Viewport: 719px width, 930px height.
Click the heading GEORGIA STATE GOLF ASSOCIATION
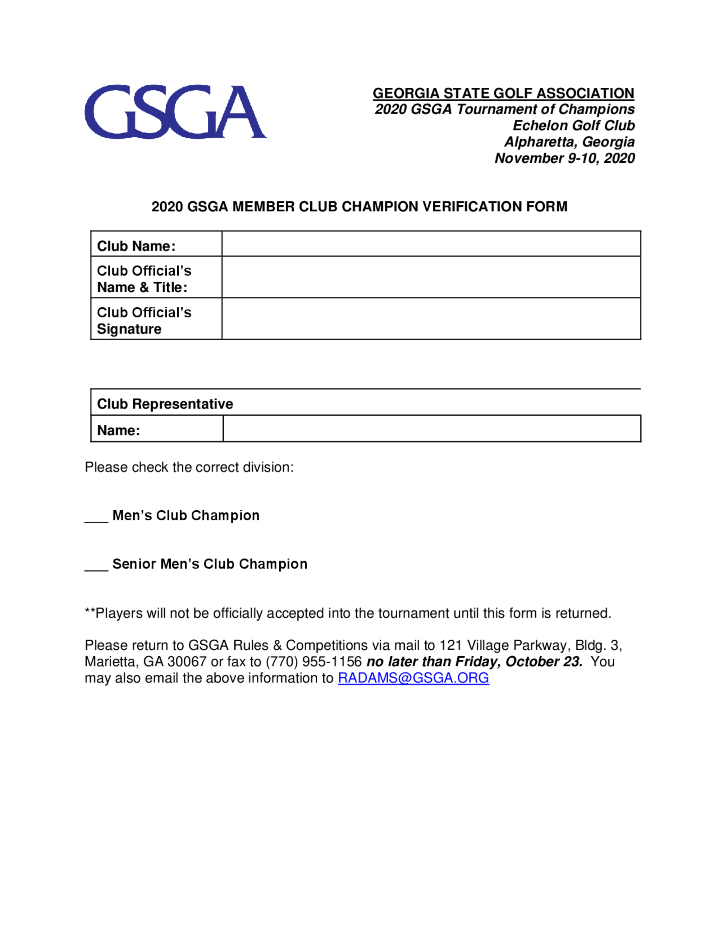point(503,93)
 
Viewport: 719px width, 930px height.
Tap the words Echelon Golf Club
point(573,126)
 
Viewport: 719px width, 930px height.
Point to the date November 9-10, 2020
point(564,158)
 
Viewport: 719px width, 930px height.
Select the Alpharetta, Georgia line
point(569,142)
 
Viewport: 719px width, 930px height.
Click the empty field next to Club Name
point(431,244)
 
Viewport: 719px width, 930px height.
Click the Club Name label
point(136,246)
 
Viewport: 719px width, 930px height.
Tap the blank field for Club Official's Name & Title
point(431,277)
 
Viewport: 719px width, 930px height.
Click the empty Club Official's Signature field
point(431,318)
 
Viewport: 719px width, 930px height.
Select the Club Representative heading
point(165,404)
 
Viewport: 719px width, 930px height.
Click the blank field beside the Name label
point(431,429)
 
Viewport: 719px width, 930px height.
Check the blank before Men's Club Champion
point(96,517)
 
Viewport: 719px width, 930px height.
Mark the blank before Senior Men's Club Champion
point(96,566)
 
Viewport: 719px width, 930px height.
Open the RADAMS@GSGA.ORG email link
point(413,678)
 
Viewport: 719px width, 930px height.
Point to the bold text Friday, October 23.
point(518,662)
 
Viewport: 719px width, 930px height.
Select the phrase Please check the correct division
point(189,467)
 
